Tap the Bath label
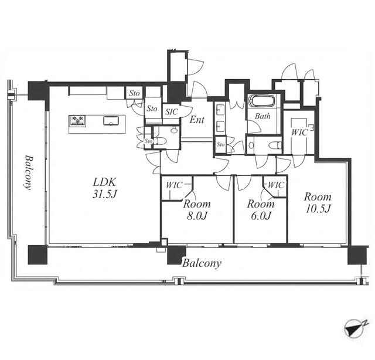pos(262,116)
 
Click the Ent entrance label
pos(197,120)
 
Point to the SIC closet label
pos(172,111)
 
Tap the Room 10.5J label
pos(318,203)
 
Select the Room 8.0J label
pos(197,210)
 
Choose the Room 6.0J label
pos(261,210)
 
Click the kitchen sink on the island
pos(111,121)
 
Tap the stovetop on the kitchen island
pos(77,120)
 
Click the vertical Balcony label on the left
pos(29,172)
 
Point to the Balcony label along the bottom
pos(202,263)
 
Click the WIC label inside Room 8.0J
pos(174,185)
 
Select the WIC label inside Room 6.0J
pos(276,185)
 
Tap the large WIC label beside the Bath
pos(299,133)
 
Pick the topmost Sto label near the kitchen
pos(134,93)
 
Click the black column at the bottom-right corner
pos(357,255)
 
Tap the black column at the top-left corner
pos(38,91)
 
